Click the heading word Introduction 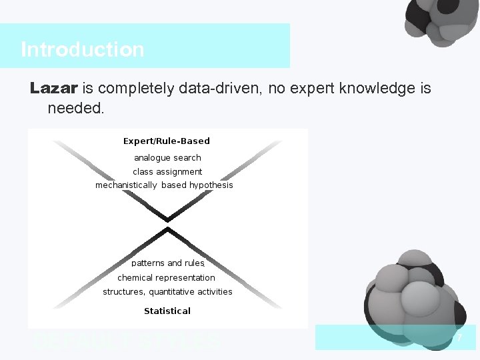[82, 49]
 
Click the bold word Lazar [54, 88]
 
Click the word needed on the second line [75, 107]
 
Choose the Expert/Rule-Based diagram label [167, 141]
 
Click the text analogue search [167, 158]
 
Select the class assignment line [167, 172]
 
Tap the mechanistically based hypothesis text [164, 185]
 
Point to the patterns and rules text [167, 263]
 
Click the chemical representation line [167, 277]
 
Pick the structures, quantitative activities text [167, 291]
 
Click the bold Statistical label [167, 311]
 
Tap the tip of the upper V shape [167, 219]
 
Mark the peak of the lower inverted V [167, 230]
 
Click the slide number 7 [459, 339]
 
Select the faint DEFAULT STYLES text [127, 342]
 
